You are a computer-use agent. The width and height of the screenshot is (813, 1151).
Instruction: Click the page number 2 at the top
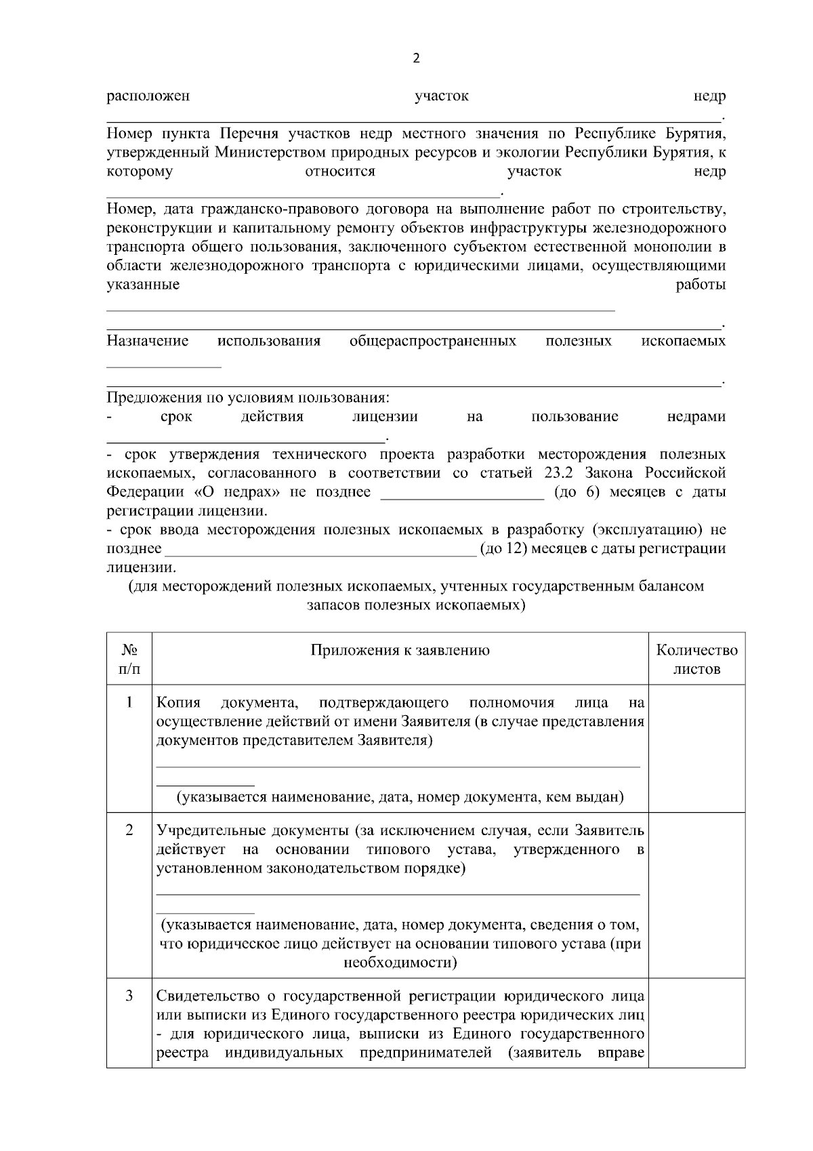416,58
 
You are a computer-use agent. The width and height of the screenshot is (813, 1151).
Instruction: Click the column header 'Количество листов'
696,660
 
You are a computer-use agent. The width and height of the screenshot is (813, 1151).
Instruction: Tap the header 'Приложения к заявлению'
400,651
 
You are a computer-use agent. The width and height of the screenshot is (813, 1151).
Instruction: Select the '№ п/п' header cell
129,660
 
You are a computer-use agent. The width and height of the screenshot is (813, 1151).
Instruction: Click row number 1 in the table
129,702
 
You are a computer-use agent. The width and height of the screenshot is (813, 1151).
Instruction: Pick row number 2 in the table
129,830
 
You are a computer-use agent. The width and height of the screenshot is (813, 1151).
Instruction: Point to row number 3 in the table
129,996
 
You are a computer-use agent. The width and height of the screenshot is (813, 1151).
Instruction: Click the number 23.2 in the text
560,472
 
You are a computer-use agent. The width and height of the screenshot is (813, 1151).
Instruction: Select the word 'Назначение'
148,340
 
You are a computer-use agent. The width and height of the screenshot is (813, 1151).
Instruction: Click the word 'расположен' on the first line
148,96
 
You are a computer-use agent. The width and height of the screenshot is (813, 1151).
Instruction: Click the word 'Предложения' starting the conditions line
154,397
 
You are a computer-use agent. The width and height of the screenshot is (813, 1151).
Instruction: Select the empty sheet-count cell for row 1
696,748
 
